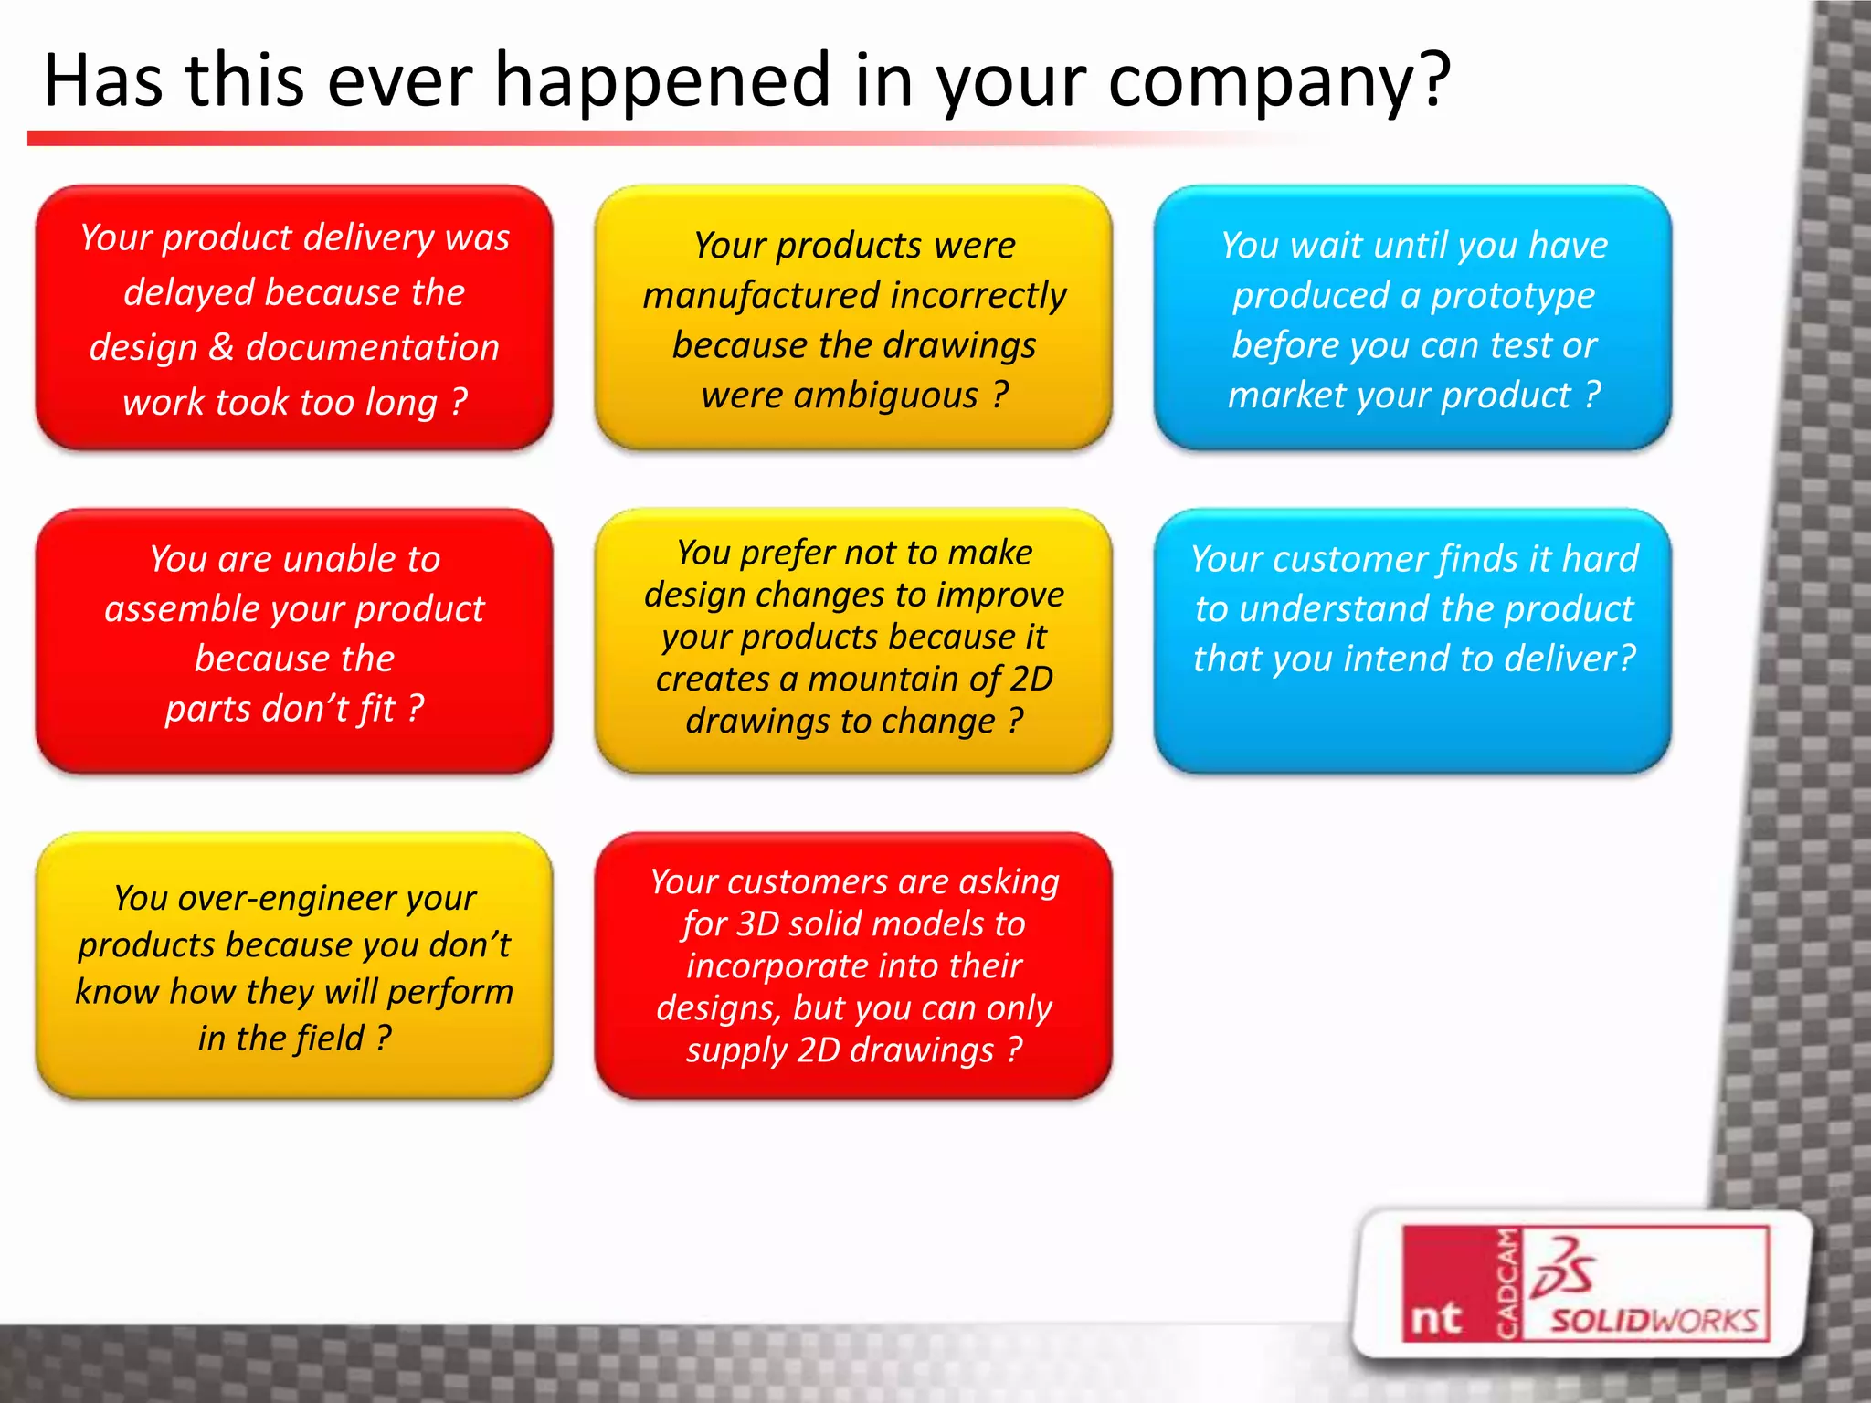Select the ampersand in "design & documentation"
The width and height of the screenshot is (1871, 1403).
point(221,348)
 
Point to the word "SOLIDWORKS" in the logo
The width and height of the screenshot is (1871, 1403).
point(1654,1320)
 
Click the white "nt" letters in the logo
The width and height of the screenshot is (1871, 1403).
point(1436,1318)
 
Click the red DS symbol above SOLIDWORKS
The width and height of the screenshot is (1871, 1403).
point(1564,1268)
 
